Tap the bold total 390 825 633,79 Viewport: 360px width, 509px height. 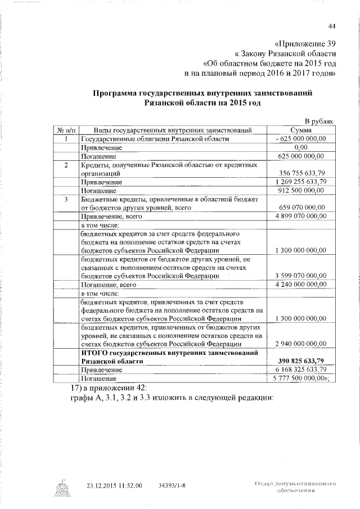[x=302, y=361]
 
